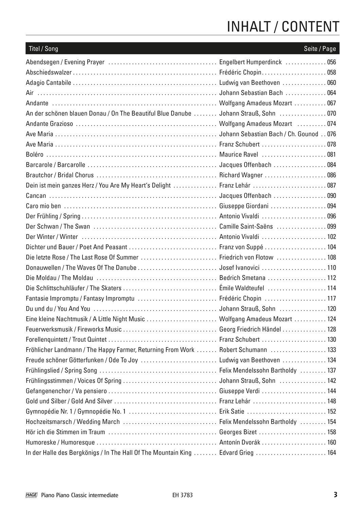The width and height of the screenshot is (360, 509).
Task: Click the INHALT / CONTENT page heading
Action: (283, 26)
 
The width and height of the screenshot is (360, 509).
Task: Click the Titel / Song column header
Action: (43, 49)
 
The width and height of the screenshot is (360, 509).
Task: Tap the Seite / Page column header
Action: (320, 49)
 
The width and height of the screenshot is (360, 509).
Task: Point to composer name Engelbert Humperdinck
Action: (251, 62)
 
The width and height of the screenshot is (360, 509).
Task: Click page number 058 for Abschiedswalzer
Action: (331, 72)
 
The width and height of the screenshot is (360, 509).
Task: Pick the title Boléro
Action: (35, 154)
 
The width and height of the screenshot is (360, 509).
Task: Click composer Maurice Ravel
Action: (239, 154)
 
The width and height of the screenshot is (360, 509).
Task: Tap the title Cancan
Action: (36, 195)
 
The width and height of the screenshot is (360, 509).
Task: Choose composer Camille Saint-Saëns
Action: (246, 226)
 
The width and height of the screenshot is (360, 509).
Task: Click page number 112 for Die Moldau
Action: (331, 278)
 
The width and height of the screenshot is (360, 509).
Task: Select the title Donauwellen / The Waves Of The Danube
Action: (81, 267)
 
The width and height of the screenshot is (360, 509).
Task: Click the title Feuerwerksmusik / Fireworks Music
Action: (74, 329)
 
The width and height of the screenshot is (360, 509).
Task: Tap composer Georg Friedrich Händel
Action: (250, 329)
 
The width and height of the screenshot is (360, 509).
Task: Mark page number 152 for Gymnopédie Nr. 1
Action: (331, 411)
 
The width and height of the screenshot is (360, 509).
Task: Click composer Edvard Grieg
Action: (236, 452)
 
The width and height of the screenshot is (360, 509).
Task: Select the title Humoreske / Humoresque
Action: (60, 442)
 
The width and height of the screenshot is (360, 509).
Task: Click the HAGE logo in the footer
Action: (31, 495)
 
